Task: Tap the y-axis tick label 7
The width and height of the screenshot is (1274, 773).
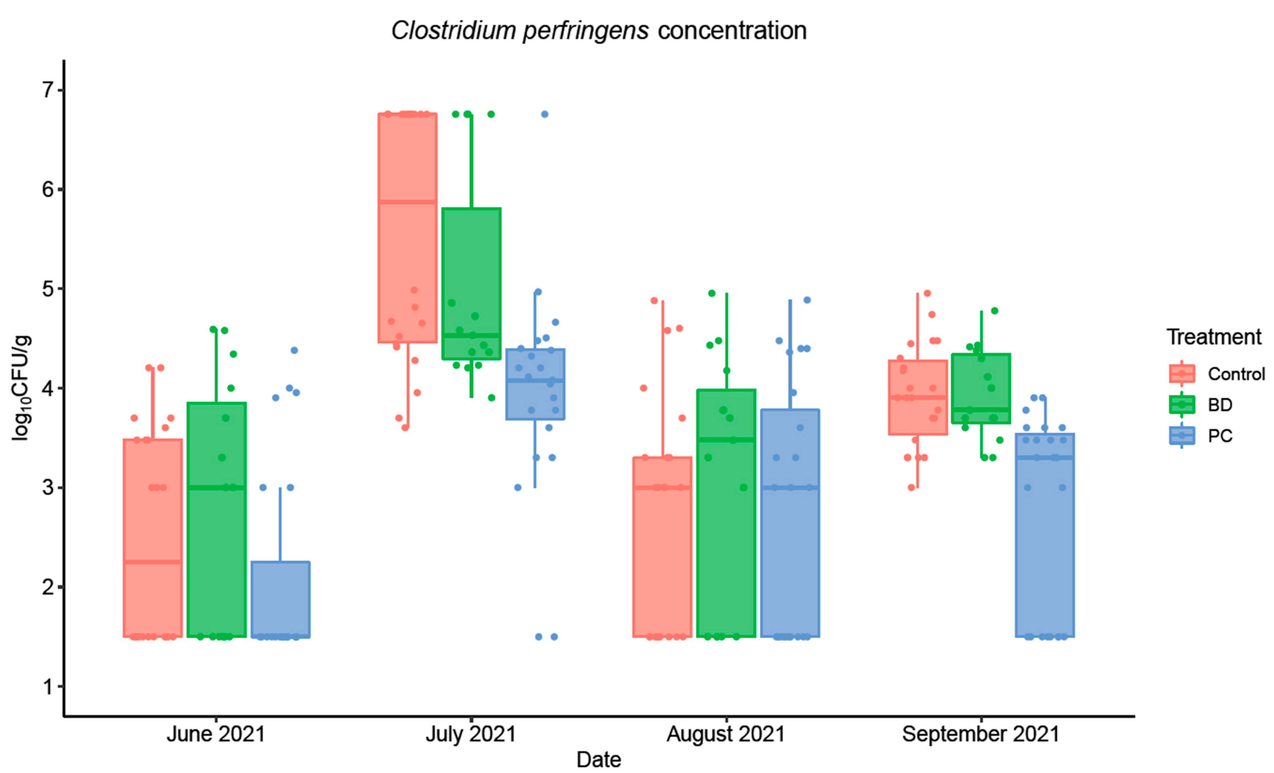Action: pyautogui.click(x=48, y=90)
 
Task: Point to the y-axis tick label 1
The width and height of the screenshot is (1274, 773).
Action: pyautogui.click(x=48, y=687)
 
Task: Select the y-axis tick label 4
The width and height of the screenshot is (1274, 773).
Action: pyautogui.click(x=48, y=388)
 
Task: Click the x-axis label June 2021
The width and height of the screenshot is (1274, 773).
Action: pyautogui.click(x=216, y=734)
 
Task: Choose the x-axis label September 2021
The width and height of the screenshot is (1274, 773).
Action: pyautogui.click(x=981, y=734)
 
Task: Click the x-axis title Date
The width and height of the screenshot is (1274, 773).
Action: pyautogui.click(x=599, y=759)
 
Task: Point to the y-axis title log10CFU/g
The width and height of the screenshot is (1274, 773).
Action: pyautogui.click(x=21, y=388)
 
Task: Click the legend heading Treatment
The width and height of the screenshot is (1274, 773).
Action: pyautogui.click(x=1214, y=337)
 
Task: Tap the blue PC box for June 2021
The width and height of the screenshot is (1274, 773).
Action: pyautogui.click(x=280, y=600)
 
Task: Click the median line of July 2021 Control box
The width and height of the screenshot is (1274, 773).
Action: pyautogui.click(x=407, y=202)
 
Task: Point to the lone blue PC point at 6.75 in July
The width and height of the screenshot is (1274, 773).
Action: pyautogui.click(x=544, y=114)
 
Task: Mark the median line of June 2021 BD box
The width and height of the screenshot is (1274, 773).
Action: pyautogui.click(x=217, y=487)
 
